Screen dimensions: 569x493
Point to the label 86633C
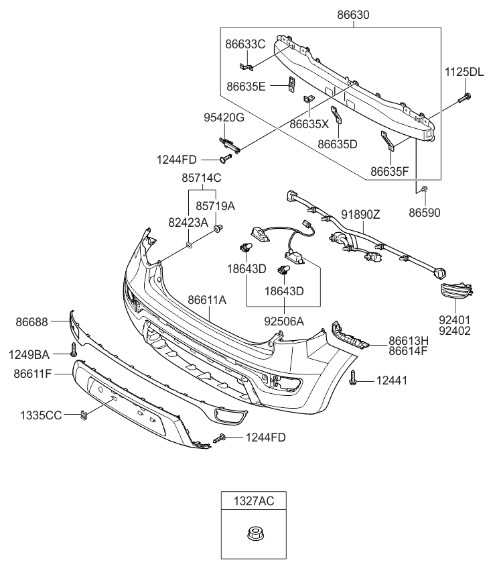point(245,44)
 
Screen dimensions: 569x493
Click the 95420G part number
point(224,118)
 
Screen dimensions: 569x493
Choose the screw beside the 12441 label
point(353,380)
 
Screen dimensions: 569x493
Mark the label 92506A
point(283,321)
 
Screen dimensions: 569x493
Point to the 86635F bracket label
point(391,170)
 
